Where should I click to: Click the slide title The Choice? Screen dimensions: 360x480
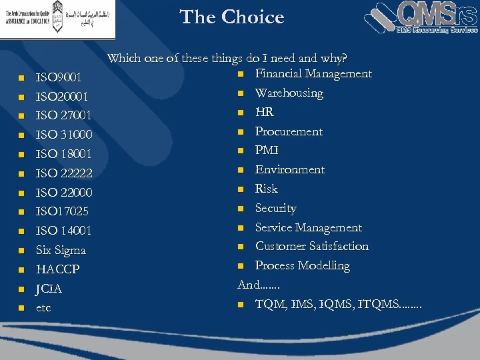[x=232, y=17]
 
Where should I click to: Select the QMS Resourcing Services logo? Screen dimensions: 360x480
[x=422, y=18]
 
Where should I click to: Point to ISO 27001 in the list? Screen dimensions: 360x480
[x=63, y=116]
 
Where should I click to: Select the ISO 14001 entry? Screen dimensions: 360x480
[x=63, y=231]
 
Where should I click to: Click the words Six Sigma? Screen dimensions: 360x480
[x=61, y=250]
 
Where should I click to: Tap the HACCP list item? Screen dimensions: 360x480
[x=58, y=269]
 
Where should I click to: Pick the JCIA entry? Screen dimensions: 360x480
[x=49, y=289]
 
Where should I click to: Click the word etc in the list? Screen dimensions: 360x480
[x=43, y=308]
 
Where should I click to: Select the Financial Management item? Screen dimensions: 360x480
[x=313, y=73]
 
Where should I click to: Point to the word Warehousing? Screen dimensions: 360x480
[x=289, y=93]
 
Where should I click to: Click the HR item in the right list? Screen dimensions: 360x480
[x=265, y=112]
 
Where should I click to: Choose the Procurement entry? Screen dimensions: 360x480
[x=289, y=131]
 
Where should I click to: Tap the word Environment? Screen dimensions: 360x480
[x=290, y=169]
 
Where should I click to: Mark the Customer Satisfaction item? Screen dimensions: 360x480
[x=311, y=246]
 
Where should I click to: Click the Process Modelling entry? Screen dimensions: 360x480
[x=302, y=265]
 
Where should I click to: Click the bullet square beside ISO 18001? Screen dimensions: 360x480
[x=21, y=155]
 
